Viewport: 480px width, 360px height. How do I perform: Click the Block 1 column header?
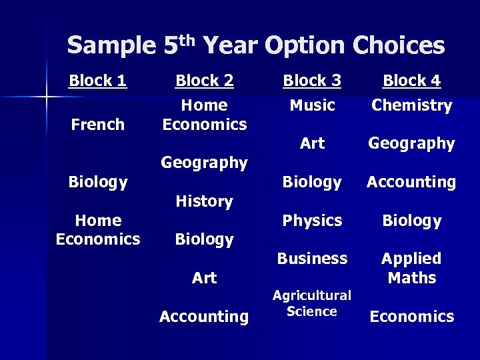point(98,81)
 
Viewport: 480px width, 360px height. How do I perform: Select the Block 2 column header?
point(204,81)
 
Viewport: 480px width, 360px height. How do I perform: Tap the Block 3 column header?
point(312,81)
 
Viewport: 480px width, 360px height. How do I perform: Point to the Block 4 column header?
point(411,81)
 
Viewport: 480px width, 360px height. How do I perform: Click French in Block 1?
point(98,125)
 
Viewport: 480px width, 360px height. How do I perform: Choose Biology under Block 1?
point(98,182)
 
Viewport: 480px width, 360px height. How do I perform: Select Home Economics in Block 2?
point(204,115)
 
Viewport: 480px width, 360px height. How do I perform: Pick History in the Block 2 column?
point(204,201)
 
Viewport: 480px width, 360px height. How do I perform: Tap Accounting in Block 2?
point(204,317)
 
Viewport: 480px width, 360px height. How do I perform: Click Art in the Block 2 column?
point(204,278)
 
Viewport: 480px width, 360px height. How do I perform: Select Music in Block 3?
point(312,105)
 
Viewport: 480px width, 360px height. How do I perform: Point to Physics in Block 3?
point(312,221)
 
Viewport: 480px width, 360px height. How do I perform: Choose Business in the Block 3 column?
point(312,259)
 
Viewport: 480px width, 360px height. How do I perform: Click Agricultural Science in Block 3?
point(312,303)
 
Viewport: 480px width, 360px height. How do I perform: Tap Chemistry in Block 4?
point(411,105)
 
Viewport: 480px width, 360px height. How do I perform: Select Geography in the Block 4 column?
point(411,143)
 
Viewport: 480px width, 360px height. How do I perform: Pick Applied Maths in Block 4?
point(411,268)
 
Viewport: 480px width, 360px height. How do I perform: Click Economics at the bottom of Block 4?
point(411,317)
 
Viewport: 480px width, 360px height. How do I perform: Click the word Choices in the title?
point(399,46)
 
